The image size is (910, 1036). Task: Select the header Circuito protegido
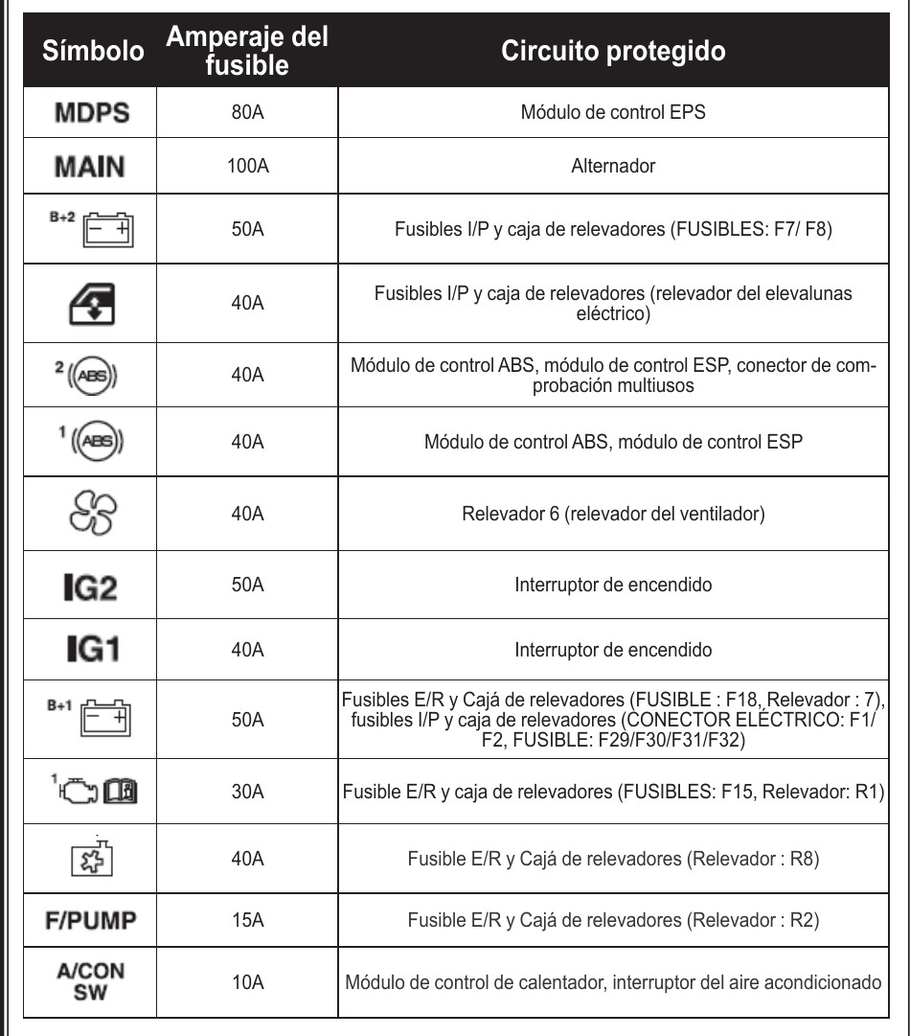pyautogui.click(x=614, y=51)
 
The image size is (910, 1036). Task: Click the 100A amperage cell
pyautogui.click(x=247, y=167)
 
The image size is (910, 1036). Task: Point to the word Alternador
pyautogui.click(x=614, y=167)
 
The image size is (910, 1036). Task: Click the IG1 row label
pyautogui.click(x=91, y=651)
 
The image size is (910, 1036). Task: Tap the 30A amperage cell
pyautogui.click(x=247, y=794)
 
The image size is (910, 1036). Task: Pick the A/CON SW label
pyautogui.click(x=92, y=981)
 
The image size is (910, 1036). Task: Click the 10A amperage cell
pyautogui.click(x=247, y=982)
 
